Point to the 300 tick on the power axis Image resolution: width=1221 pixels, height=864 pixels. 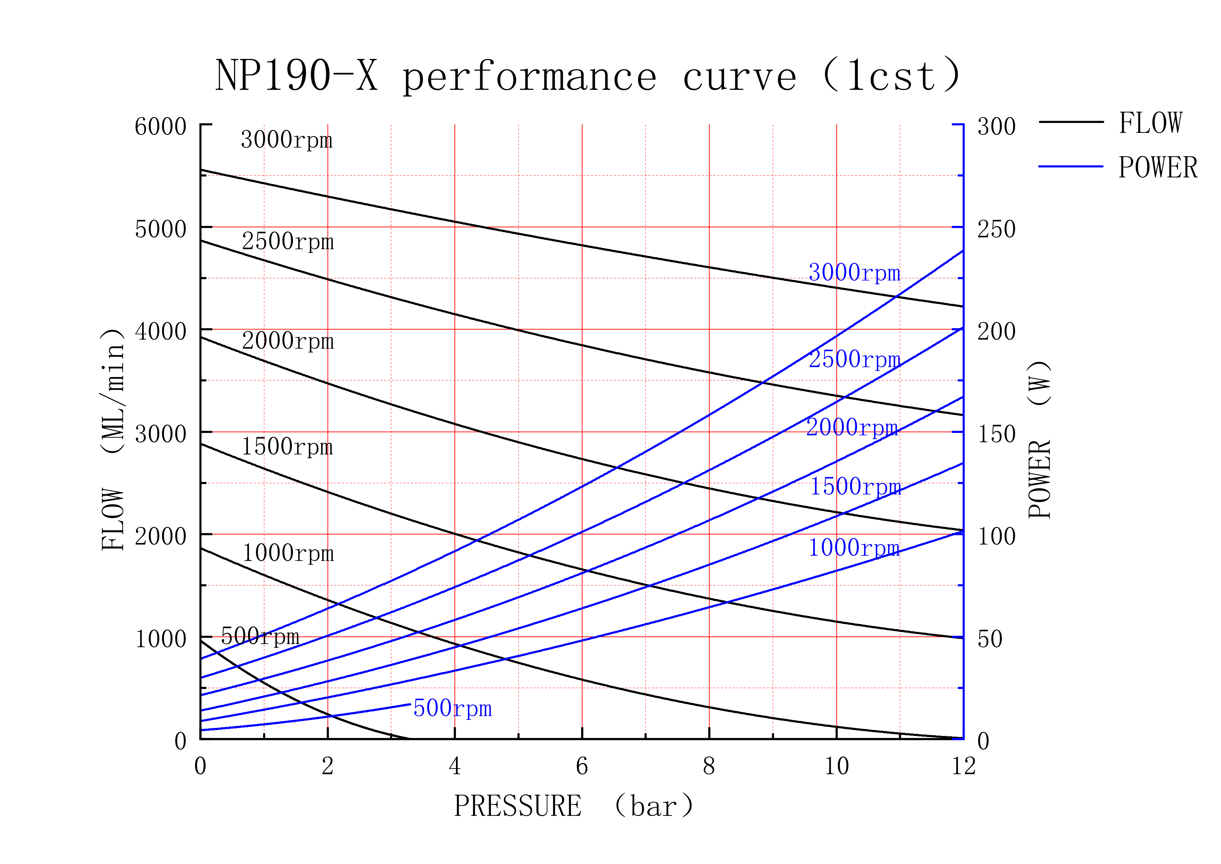(996, 127)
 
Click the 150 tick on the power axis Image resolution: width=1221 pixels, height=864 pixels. (996, 434)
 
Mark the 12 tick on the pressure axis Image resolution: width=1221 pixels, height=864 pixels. (963, 766)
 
